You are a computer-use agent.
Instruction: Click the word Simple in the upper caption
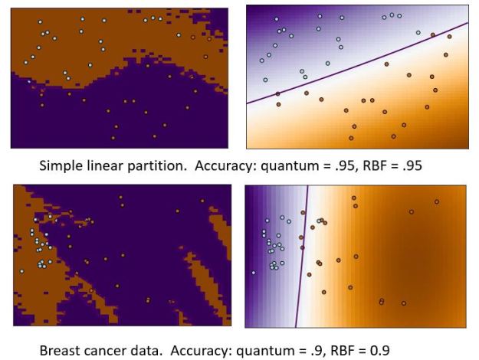pos(60,165)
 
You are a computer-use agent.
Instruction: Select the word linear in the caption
pos(102,165)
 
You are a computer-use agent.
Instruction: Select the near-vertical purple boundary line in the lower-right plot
pos(301,253)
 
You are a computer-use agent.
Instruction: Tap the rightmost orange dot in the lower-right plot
pos(436,201)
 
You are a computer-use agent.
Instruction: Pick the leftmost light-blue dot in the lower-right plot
pos(253,273)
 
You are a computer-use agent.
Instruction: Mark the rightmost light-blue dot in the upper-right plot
pos(418,32)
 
